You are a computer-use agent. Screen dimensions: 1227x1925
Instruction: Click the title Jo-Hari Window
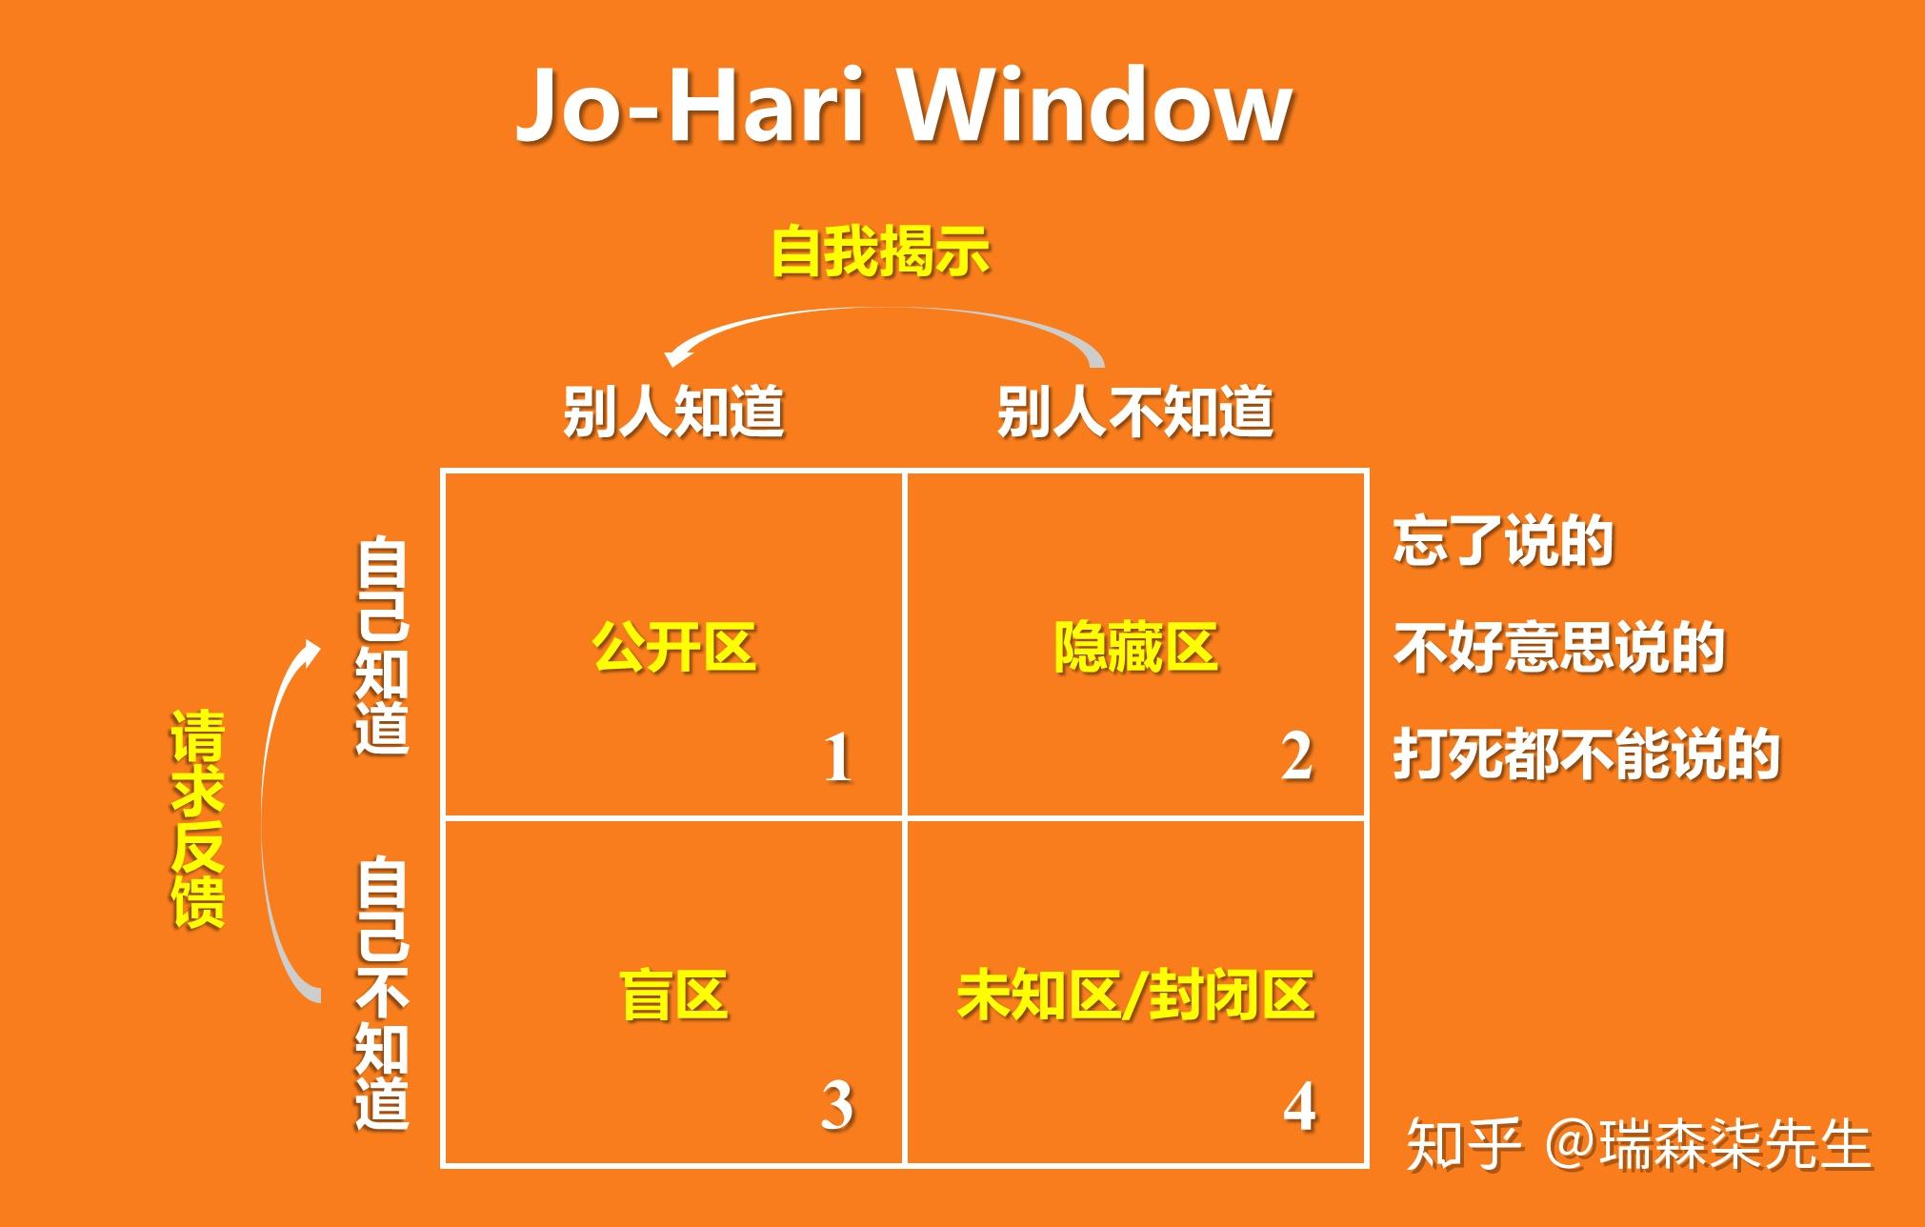point(903,107)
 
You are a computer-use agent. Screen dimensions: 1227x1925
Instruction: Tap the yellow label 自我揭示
point(880,251)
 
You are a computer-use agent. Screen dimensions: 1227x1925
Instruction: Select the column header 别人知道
point(673,412)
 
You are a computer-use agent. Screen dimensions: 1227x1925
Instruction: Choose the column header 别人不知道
point(1134,412)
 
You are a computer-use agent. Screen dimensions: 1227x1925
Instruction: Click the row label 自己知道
point(382,647)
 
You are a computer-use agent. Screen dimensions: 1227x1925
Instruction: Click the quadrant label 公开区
point(673,648)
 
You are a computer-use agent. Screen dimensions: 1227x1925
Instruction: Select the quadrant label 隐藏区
point(1135,648)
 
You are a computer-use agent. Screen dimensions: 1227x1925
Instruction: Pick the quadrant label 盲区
point(673,996)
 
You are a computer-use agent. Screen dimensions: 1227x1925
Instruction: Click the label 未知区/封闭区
point(1135,996)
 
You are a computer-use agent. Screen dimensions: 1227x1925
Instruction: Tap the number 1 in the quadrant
point(837,759)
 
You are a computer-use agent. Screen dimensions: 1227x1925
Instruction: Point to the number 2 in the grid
point(1297,757)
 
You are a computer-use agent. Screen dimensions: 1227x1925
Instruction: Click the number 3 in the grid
point(837,1107)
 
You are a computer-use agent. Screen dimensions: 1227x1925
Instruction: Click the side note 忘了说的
point(1502,541)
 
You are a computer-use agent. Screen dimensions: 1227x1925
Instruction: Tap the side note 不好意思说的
point(1558,648)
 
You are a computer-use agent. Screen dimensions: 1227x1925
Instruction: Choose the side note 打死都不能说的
point(1586,754)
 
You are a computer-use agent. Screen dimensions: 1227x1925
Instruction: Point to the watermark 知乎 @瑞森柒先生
point(1638,1144)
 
